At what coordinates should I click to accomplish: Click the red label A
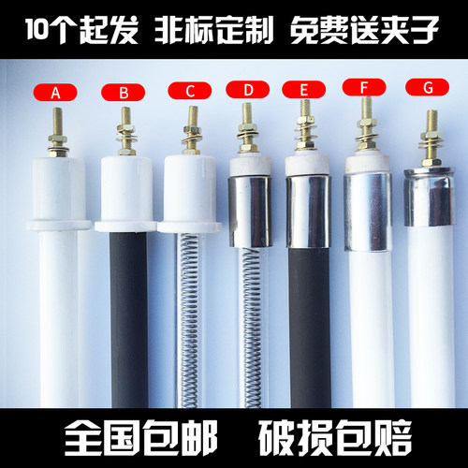[x=55, y=93]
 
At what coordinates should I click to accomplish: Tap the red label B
[x=123, y=92]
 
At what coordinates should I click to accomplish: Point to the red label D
[x=248, y=91]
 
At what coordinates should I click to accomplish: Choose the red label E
[x=304, y=91]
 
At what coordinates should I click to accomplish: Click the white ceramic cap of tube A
[x=57, y=192]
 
